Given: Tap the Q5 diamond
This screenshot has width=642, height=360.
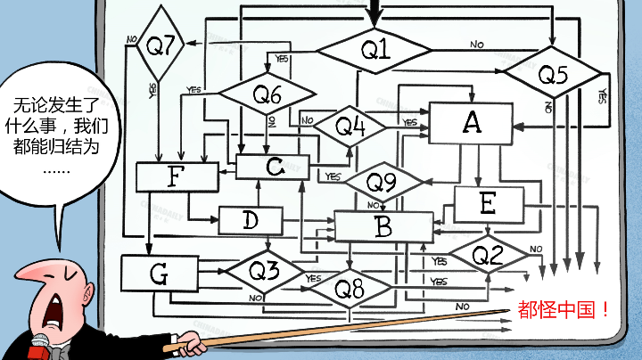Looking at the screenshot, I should (554, 77).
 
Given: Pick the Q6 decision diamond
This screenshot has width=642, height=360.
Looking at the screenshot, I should (267, 93).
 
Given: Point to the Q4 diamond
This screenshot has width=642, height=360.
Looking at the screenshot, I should (350, 127).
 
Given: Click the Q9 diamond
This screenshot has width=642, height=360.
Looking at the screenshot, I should (382, 182).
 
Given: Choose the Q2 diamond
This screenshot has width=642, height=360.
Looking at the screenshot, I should (487, 256).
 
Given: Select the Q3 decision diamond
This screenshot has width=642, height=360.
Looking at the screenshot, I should (263, 268).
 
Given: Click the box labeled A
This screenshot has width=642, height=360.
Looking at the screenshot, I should (472, 123).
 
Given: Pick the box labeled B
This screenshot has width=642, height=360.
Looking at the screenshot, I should (383, 227).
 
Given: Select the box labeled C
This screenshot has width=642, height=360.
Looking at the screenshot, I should (273, 166).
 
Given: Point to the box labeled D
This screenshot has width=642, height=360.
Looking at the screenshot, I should (250, 219).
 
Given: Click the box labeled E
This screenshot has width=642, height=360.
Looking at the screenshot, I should (487, 204).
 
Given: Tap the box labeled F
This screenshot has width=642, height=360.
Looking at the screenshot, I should (177, 176).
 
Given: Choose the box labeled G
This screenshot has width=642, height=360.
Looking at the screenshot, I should (159, 274).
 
